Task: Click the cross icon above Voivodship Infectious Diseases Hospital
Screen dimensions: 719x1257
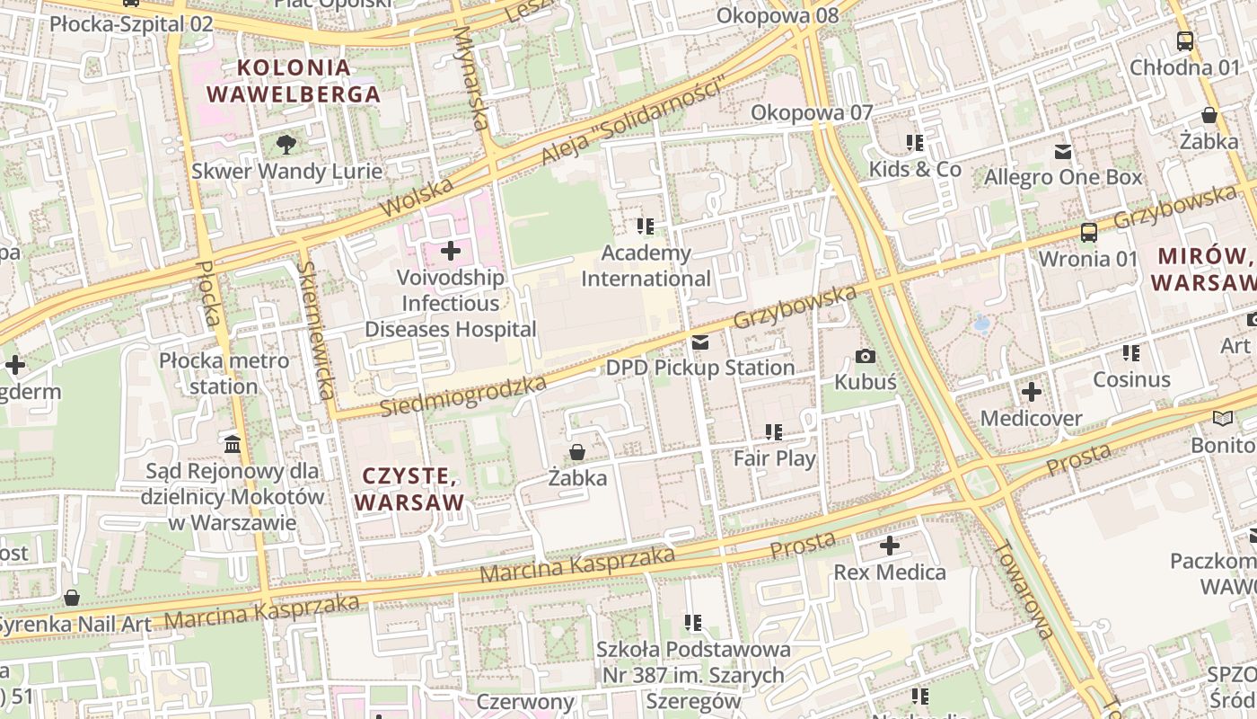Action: (451, 251)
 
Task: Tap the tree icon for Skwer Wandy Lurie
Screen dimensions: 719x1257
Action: (286, 144)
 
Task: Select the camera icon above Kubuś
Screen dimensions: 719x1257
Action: (866, 357)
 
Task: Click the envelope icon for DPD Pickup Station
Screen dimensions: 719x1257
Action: (700, 342)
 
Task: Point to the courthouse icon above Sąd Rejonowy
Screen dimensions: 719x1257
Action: (233, 444)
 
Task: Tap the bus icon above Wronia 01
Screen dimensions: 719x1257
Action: (1088, 233)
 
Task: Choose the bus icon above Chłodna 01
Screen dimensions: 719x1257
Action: (1184, 41)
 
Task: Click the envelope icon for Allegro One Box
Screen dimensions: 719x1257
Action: (1063, 151)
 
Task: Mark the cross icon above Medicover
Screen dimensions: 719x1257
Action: (1031, 392)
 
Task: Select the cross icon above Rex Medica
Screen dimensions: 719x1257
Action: (889, 546)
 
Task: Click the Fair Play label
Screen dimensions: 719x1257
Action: (774, 458)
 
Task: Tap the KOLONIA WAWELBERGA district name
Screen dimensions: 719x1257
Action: (294, 81)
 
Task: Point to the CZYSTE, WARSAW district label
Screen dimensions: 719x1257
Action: (409, 488)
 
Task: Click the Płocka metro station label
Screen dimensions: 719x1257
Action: (224, 374)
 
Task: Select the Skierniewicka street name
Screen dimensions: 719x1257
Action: (316, 330)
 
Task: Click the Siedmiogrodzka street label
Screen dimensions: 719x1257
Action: (462, 396)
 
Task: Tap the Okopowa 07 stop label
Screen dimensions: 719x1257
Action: (812, 112)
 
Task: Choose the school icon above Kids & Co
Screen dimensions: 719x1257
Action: (915, 143)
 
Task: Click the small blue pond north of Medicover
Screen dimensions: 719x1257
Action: (982, 323)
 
